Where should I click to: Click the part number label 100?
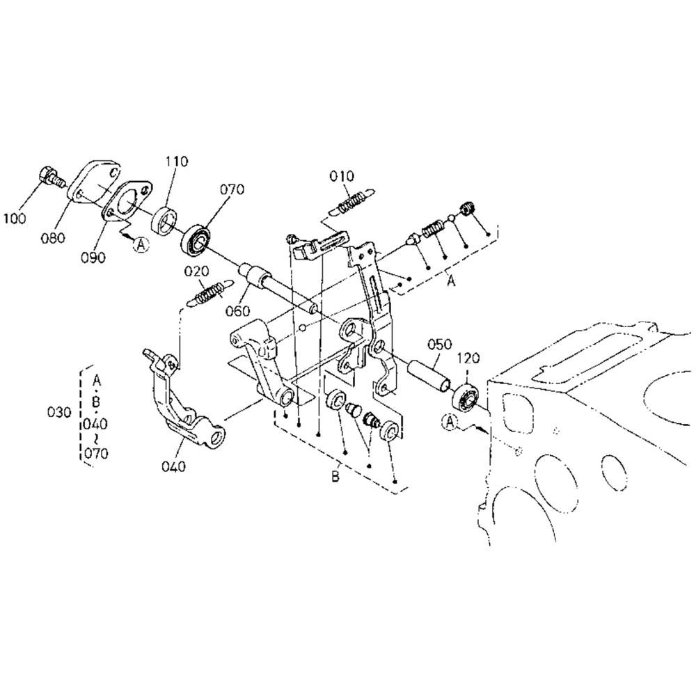click(15, 218)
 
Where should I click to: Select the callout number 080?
click(52, 238)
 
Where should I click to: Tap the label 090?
click(93, 257)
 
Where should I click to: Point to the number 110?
click(177, 161)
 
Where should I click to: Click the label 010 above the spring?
click(342, 176)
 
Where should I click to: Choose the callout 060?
click(237, 310)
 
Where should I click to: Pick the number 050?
click(440, 344)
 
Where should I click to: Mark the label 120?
click(468, 358)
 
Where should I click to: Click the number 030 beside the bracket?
click(59, 412)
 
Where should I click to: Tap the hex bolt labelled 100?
click(51, 177)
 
